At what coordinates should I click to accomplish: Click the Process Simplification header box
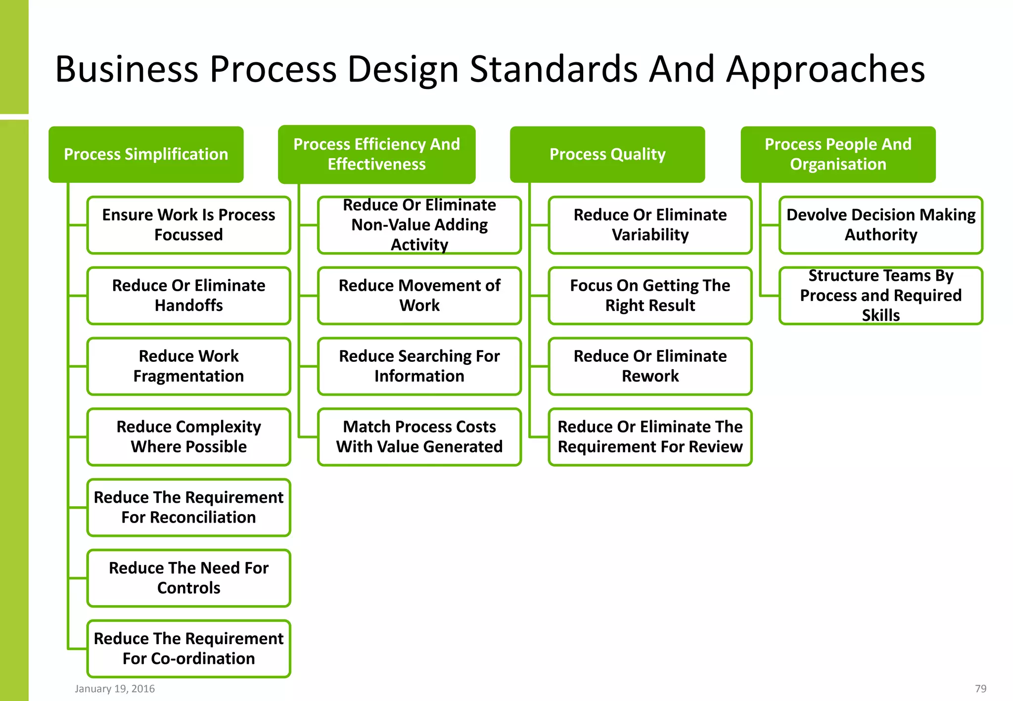click(146, 154)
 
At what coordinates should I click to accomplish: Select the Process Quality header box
click(607, 154)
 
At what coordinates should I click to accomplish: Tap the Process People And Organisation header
click(838, 154)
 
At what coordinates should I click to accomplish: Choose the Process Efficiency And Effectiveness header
click(376, 154)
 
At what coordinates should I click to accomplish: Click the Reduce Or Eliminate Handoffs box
click(188, 296)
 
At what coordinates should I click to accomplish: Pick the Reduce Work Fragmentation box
click(188, 366)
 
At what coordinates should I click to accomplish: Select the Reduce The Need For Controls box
click(188, 578)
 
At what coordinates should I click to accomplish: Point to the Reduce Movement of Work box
click(419, 296)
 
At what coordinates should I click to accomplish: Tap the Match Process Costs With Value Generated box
click(419, 437)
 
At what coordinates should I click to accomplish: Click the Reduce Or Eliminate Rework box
click(650, 366)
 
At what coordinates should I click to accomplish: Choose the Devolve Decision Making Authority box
click(881, 225)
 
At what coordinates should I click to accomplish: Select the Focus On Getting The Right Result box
click(650, 296)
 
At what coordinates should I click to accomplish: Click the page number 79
click(980, 689)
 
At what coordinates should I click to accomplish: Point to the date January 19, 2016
click(115, 689)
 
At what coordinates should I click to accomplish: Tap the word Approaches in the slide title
click(825, 69)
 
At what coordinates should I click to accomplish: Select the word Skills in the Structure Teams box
click(881, 315)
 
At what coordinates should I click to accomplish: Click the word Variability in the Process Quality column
click(650, 235)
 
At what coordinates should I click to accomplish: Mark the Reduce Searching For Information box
click(419, 366)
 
